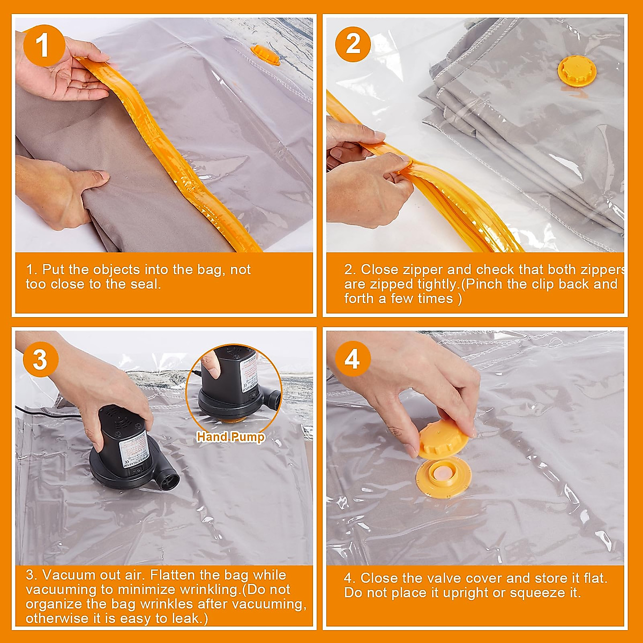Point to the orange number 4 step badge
(352, 359)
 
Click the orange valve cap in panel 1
(265, 54)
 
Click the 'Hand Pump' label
(230, 437)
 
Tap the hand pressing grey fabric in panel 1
(59, 193)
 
